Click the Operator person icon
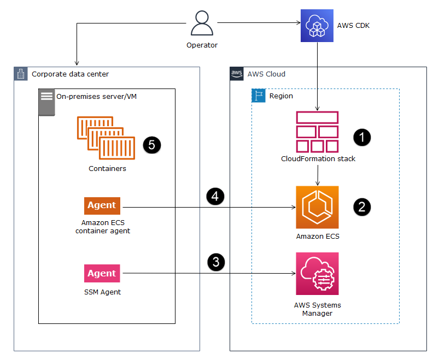coord(202,23)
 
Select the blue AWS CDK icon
coord(317,25)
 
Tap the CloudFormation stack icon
coord(317,132)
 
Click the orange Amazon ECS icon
coord(317,207)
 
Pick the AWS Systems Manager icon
coord(317,274)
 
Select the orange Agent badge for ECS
coord(102,205)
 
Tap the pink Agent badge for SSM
coord(102,273)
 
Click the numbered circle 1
coord(361,137)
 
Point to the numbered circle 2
coord(361,206)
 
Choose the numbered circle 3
coord(216,262)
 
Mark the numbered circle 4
coord(216,196)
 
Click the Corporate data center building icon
coord(21,74)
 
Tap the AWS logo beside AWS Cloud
coord(237,74)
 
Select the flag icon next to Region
coord(258,96)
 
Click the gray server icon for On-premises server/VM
coord(46,102)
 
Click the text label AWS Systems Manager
coord(317,309)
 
